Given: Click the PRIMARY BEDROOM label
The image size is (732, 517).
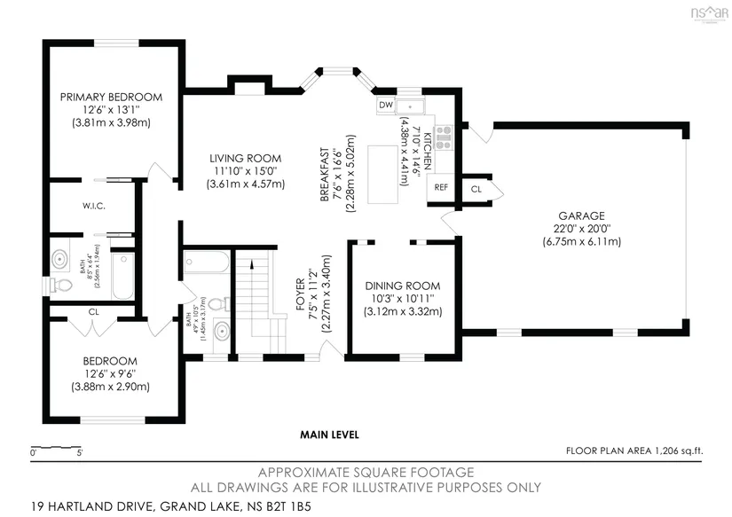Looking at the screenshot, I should click(x=112, y=97).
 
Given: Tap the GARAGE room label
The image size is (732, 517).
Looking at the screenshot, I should click(x=582, y=215).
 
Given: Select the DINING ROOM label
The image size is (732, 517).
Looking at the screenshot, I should click(x=404, y=286).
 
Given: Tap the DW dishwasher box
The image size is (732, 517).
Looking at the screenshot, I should click(x=385, y=106).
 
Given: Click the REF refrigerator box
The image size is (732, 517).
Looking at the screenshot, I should click(x=440, y=188).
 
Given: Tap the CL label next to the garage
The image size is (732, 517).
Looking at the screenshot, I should click(x=476, y=189).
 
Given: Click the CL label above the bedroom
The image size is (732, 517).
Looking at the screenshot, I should click(x=93, y=312).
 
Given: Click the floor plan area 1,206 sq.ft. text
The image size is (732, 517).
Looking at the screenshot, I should click(x=634, y=451).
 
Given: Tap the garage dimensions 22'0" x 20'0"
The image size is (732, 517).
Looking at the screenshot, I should click(x=582, y=228).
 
